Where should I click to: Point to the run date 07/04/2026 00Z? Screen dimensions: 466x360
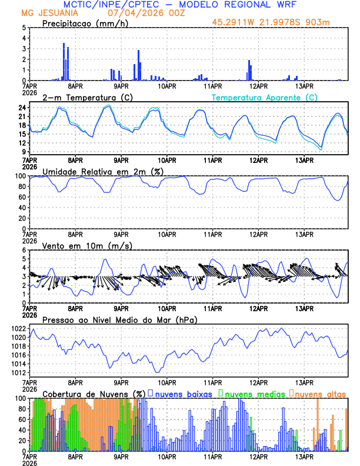pyautogui.click(x=145, y=13)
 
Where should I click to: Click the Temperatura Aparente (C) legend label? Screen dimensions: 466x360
pyautogui.click(x=265, y=97)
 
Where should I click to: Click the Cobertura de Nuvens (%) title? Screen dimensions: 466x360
pyautogui.click(x=94, y=394)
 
